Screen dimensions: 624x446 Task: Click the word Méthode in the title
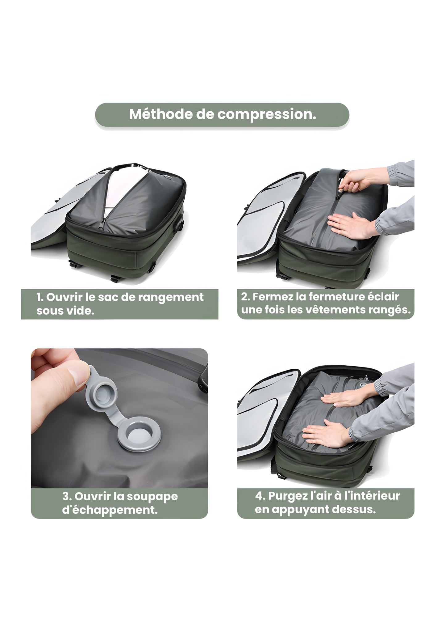point(160,114)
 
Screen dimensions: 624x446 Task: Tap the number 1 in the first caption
point(39,297)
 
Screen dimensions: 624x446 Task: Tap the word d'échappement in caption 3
point(110,510)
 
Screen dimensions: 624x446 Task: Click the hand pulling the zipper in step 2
point(358,182)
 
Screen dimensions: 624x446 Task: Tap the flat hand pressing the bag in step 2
point(349,226)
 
